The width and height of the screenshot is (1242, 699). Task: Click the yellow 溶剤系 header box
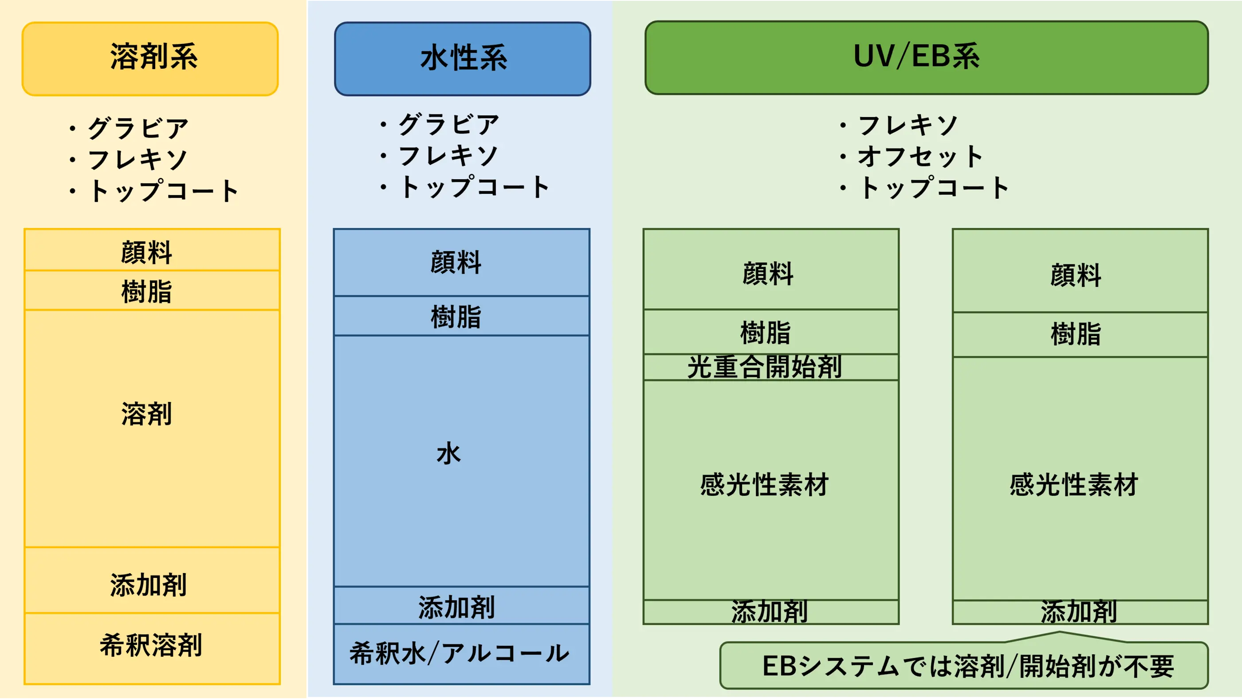[150, 59]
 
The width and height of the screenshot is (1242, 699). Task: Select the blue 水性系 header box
[462, 59]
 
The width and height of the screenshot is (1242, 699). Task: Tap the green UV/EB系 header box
[926, 57]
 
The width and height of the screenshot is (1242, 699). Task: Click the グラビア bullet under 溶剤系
[129, 128]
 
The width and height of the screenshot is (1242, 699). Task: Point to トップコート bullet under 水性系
[464, 187]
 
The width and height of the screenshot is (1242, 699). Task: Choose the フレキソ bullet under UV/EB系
[898, 126]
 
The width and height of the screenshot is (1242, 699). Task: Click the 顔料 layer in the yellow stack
[152, 250]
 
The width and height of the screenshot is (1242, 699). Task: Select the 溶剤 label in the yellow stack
[146, 414]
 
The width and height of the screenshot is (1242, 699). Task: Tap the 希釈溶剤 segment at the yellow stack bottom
[152, 648]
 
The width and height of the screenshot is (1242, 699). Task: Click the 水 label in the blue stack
[449, 454]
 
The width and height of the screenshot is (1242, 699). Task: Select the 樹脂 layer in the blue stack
[461, 316]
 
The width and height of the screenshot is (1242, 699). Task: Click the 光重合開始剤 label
[765, 367]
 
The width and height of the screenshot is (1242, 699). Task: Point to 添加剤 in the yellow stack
[149, 585]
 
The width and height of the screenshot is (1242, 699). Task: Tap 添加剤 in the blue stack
[456, 607]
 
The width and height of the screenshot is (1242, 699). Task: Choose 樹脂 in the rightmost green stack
[1076, 334]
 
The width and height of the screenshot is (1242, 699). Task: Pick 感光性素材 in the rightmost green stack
[1074, 485]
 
